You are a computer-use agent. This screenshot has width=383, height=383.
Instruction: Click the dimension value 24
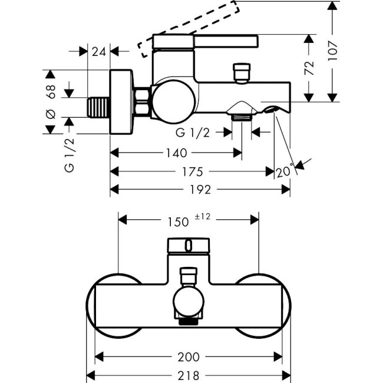click(x=99, y=52)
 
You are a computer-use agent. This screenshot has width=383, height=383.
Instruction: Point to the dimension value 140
click(x=176, y=153)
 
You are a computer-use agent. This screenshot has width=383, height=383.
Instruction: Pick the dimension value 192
click(x=200, y=190)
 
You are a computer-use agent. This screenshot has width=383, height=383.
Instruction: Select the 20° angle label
click(x=284, y=171)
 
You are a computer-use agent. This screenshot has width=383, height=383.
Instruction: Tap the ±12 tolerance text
click(x=202, y=217)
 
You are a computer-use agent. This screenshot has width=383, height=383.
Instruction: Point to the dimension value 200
click(x=189, y=357)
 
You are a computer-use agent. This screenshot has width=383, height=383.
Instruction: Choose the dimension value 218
click(x=189, y=375)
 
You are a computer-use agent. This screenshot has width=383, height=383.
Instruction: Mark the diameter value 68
click(x=51, y=91)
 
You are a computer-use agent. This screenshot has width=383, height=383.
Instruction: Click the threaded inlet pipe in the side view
click(x=98, y=108)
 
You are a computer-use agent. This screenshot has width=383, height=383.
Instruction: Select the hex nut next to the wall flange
click(x=142, y=102)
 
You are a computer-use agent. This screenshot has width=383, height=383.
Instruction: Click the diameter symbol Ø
click(x=51, y=114)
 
